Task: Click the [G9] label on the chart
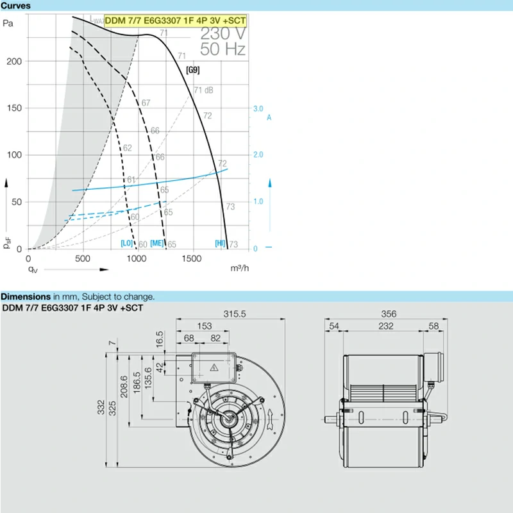193,70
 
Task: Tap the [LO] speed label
126,243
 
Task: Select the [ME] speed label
156,244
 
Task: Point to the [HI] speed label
220,243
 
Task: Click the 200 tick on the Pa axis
14,62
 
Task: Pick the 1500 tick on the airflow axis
191,259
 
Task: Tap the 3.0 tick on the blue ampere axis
258,108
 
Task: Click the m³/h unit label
239,268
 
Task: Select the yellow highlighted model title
175,21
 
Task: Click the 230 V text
223,33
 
